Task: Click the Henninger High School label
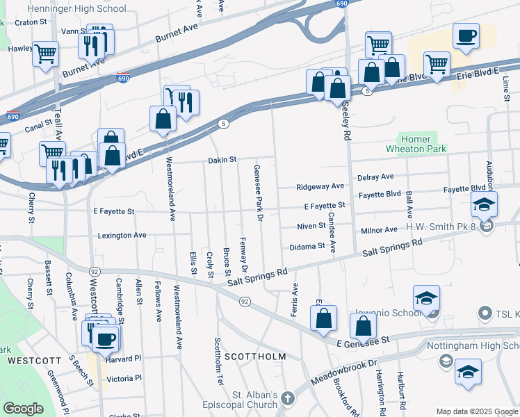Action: pos(76,9)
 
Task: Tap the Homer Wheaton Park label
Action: pos(417,143)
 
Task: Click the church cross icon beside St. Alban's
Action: pos(289,399)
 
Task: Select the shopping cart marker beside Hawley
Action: pos(45,53)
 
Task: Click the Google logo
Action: pos(23,409)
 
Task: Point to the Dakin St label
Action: pos(222,160)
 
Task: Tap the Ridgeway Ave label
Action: pos(320,186)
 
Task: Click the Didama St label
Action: pos(307,246)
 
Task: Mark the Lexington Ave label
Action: pos(122,236)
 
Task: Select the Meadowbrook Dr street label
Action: pos(343,372)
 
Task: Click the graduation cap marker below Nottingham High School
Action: pos(468,371)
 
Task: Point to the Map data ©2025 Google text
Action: pos(476,411)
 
